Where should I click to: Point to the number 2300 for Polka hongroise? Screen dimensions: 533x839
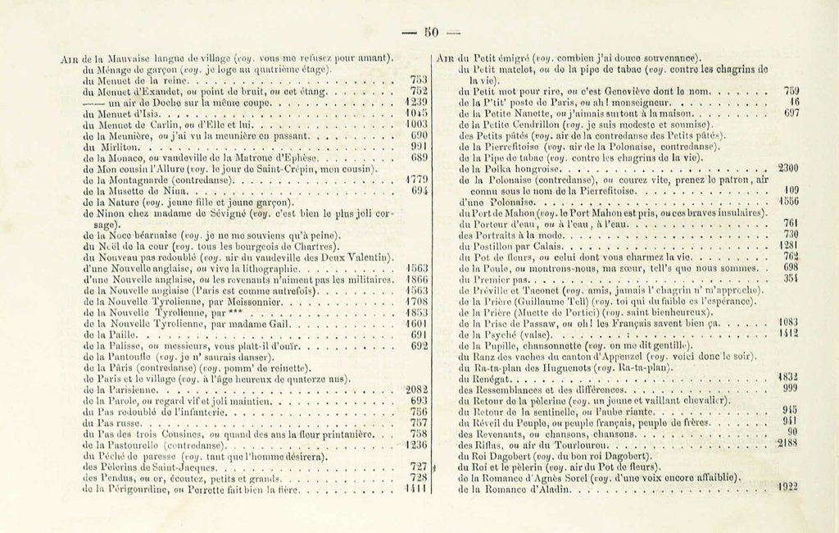787,168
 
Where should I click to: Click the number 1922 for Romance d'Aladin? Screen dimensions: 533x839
787,485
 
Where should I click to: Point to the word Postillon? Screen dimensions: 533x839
497,244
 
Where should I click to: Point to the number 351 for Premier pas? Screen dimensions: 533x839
790,277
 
